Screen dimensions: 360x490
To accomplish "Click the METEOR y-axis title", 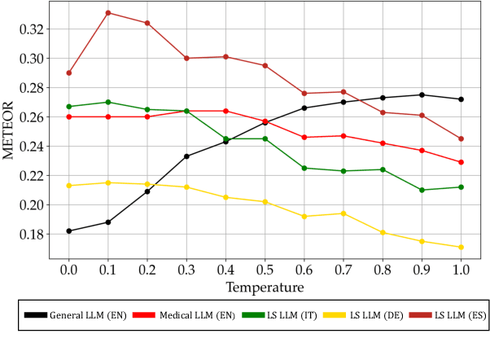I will coord(10,130).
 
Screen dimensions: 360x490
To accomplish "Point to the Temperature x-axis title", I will coord(265,287).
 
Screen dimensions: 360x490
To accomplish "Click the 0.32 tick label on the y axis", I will coord(29,29).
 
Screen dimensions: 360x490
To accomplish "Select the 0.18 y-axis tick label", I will coord(29,235).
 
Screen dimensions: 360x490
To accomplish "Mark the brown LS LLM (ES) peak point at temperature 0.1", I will coord(108,13).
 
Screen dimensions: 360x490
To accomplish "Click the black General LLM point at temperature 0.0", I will coord(69,230).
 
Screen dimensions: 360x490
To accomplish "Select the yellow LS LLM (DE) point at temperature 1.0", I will coord(461,247).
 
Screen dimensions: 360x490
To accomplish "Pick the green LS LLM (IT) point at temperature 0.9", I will coord(422,190).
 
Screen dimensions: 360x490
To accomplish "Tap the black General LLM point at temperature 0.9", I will coord(422,94).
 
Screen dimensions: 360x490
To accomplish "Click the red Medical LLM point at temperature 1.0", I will coord(461,162).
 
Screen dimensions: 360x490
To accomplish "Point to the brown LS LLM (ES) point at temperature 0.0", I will coord(69,72).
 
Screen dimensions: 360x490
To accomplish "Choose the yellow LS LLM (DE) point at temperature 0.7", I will coord(343,213).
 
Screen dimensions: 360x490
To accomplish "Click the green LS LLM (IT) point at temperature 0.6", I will coord(304,168).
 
